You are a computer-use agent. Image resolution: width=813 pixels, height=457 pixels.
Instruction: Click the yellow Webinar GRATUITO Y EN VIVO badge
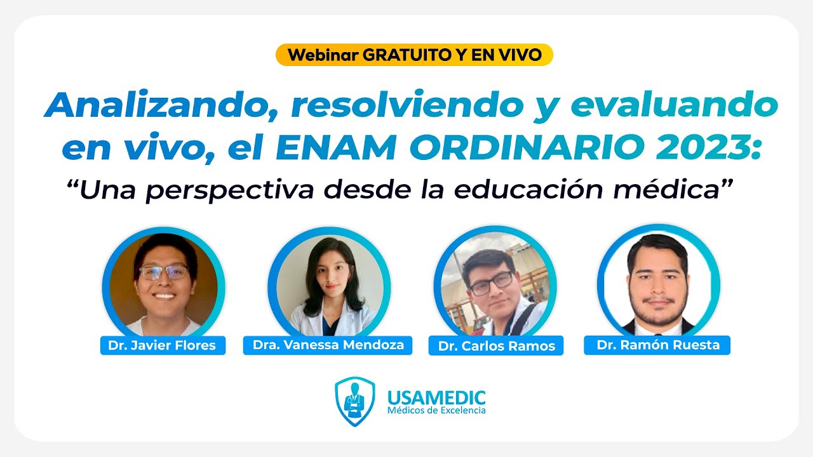(414, 55)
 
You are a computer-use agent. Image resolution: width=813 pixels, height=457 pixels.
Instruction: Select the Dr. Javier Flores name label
(163, 345)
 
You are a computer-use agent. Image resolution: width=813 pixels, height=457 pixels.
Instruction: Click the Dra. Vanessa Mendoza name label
(328, 345)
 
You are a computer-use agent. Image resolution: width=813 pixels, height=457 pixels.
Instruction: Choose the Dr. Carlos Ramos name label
(496, 346)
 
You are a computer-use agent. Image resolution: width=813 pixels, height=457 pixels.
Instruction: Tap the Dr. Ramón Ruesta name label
(657, 345)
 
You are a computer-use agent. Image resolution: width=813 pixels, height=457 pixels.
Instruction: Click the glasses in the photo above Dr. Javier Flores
(163, 272)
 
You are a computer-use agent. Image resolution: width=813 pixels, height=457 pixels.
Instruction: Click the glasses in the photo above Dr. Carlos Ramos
(491, 283)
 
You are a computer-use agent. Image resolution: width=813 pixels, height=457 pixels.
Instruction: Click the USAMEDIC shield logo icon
(354, 401)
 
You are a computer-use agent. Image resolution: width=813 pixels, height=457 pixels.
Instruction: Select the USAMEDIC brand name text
(436, 398)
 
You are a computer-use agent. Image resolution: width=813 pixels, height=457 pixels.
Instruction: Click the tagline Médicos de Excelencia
(436, 411)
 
